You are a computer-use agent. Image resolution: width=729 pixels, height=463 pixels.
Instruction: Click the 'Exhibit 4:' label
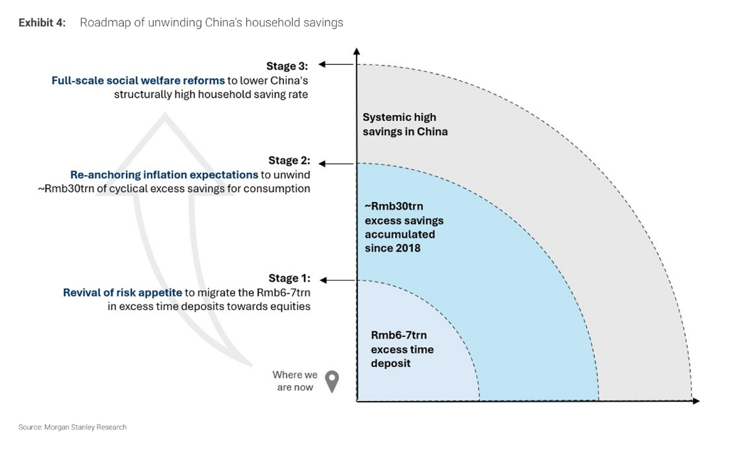[x=41, y=23]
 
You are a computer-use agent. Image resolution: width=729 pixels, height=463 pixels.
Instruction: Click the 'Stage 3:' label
[x=287, y=66]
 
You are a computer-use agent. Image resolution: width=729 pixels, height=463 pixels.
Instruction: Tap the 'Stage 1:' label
[x=289, y=278]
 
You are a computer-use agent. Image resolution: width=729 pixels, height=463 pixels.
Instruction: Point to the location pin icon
[x=332, y=381]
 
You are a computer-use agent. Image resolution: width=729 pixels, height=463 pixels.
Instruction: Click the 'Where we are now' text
[x=294, y=380]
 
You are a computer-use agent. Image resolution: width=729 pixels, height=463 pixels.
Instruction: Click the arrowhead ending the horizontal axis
[x=696, y=401]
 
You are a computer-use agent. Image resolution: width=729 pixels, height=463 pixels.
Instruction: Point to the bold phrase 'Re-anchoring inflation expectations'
[x=164, y=174]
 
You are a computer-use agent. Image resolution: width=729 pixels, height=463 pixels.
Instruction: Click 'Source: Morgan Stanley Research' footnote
[x=72, y=427]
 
